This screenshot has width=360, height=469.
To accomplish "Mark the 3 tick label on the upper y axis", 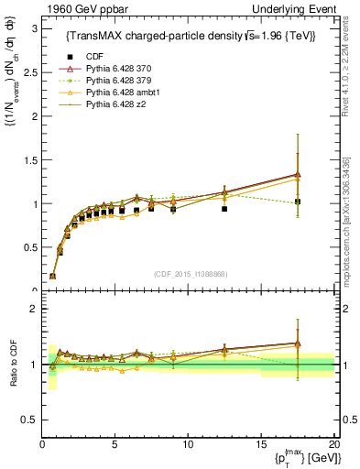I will (x=31, y=28).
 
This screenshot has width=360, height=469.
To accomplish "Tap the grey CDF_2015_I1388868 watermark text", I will (x=189, y=274).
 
